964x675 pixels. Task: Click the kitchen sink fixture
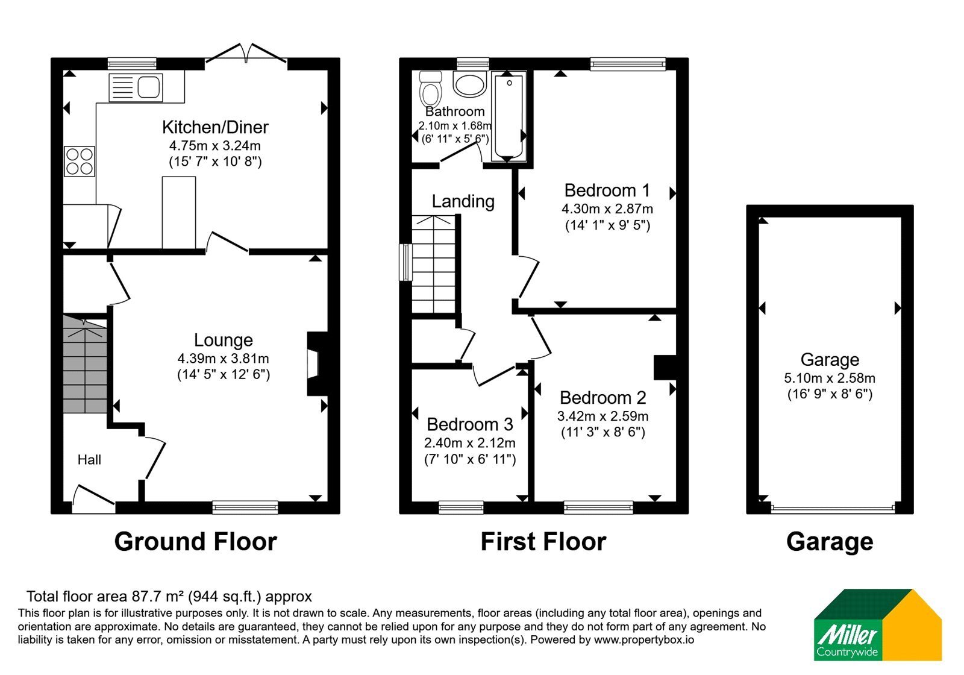[136, 87]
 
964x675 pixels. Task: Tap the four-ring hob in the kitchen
[80, 162]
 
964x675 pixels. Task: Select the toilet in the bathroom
[430, 88]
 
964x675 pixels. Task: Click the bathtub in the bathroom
[509, 116]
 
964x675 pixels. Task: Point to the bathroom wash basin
[469, 84]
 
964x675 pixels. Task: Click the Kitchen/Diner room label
[215, 127]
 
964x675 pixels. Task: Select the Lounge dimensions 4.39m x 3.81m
[224, 358]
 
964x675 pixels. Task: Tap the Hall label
[89, 460]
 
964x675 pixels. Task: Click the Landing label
[463, 201]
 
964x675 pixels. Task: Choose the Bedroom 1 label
[607, 190]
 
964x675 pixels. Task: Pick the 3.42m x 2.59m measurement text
[602, 416]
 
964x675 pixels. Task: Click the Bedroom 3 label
[470, 424]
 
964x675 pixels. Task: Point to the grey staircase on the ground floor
[85, 364]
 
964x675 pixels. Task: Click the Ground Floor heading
[195, 542]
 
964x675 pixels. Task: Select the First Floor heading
[543, 542]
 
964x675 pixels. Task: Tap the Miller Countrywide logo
[878, 625]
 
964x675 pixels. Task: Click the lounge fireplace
[317, 363]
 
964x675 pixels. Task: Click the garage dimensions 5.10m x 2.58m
[829, 378]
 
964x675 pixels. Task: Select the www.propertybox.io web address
[644, 639]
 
